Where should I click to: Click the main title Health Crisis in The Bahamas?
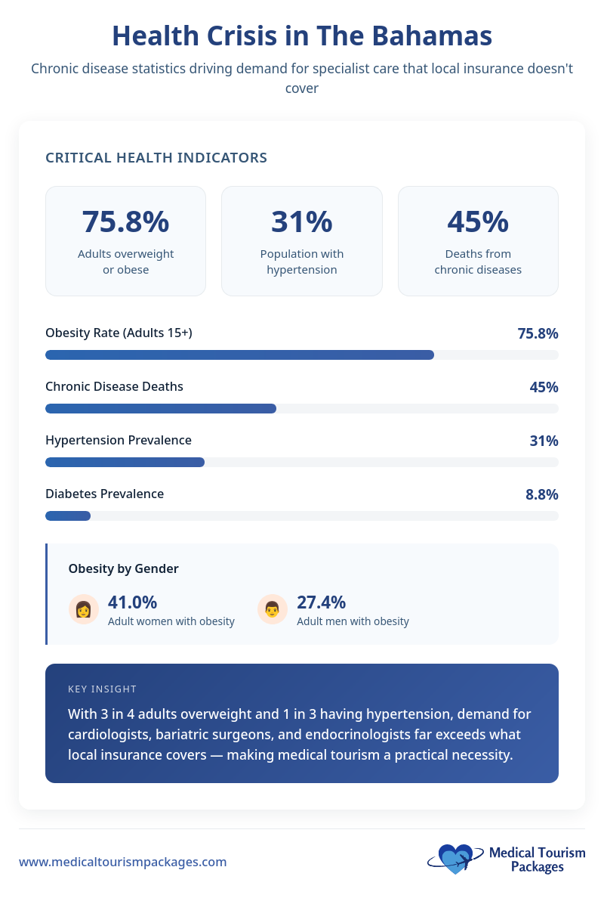point(302,36)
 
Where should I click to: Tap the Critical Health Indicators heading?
point(156,158)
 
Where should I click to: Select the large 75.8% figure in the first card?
point(125,221)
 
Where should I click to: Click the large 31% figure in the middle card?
point(301,221)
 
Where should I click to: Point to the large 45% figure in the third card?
point(478,221)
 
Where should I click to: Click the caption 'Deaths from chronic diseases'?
point(478,262)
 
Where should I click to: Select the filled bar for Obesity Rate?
point(239,355)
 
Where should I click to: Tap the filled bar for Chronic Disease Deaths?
point(161,408)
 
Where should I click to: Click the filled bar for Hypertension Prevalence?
point(125,462)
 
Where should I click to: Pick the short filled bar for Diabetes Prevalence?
point(68,516)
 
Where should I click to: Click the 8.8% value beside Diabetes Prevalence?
point(541,494)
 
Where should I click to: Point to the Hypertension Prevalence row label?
point(119,440)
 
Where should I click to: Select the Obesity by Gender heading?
point(123,568)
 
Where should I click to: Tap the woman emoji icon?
point(84,609)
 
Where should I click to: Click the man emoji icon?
point(273,609)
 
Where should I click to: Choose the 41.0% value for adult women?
point(132,602)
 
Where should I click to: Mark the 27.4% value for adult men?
point(321,602)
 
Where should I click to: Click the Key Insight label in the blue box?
point(102,689)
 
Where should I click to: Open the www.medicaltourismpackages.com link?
point(122,862)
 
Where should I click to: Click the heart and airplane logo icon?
point(455,859)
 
